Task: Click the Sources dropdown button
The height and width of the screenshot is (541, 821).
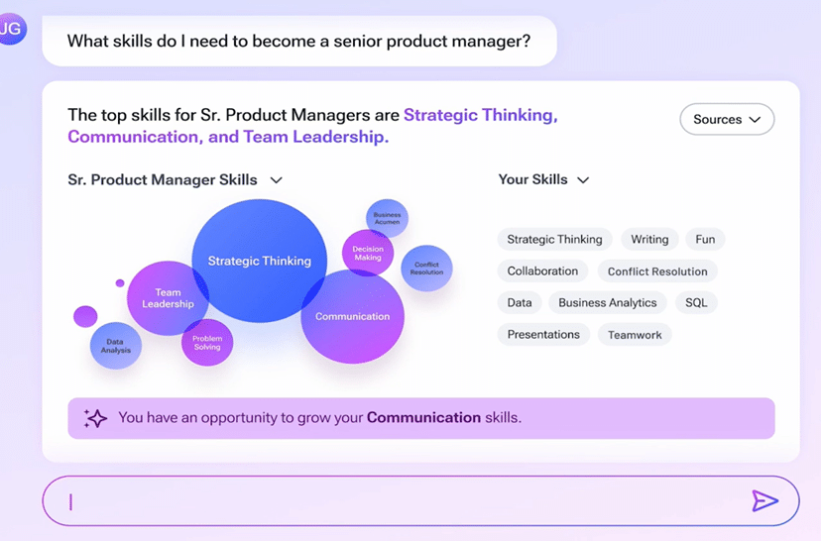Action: click(x=727, y=119)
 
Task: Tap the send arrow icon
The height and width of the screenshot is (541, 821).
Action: click(x=764, y=500)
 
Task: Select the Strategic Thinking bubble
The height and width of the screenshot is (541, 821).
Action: click(x=259, y=261)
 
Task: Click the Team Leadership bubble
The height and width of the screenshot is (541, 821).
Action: click(x=168, y=297)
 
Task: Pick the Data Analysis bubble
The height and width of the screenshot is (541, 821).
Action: click(x=116, y=346)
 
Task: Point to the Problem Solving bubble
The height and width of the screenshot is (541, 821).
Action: click(x=207, y=343)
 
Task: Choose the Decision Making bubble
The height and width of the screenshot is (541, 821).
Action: click(x=368, y=254)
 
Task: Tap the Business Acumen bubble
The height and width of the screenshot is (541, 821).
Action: click(x=387, y=218)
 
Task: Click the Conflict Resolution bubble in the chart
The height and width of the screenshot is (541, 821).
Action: click(x=426, y=269)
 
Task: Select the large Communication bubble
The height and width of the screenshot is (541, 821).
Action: click(x=352, y=316)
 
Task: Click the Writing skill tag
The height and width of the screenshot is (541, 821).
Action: click(x=649, y=239)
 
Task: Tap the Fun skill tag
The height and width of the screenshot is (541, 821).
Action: click(x=705, y=239)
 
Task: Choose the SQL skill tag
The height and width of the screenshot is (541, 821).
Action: click(x=696, y=302)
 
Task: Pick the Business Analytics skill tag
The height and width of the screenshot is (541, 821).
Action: click(x=608, y=302)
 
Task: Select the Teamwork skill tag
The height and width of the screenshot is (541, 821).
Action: click(x=635, y=335)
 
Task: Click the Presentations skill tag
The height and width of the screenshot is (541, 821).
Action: click(x=543, y=334)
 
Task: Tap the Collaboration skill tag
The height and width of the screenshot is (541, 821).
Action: click(x=542, y=271)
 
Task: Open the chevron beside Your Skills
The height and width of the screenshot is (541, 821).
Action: click(x=583, y=180)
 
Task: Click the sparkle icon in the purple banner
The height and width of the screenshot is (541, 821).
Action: click(x=95, y=418)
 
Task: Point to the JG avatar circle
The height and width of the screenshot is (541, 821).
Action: click(x=11, y=29)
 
